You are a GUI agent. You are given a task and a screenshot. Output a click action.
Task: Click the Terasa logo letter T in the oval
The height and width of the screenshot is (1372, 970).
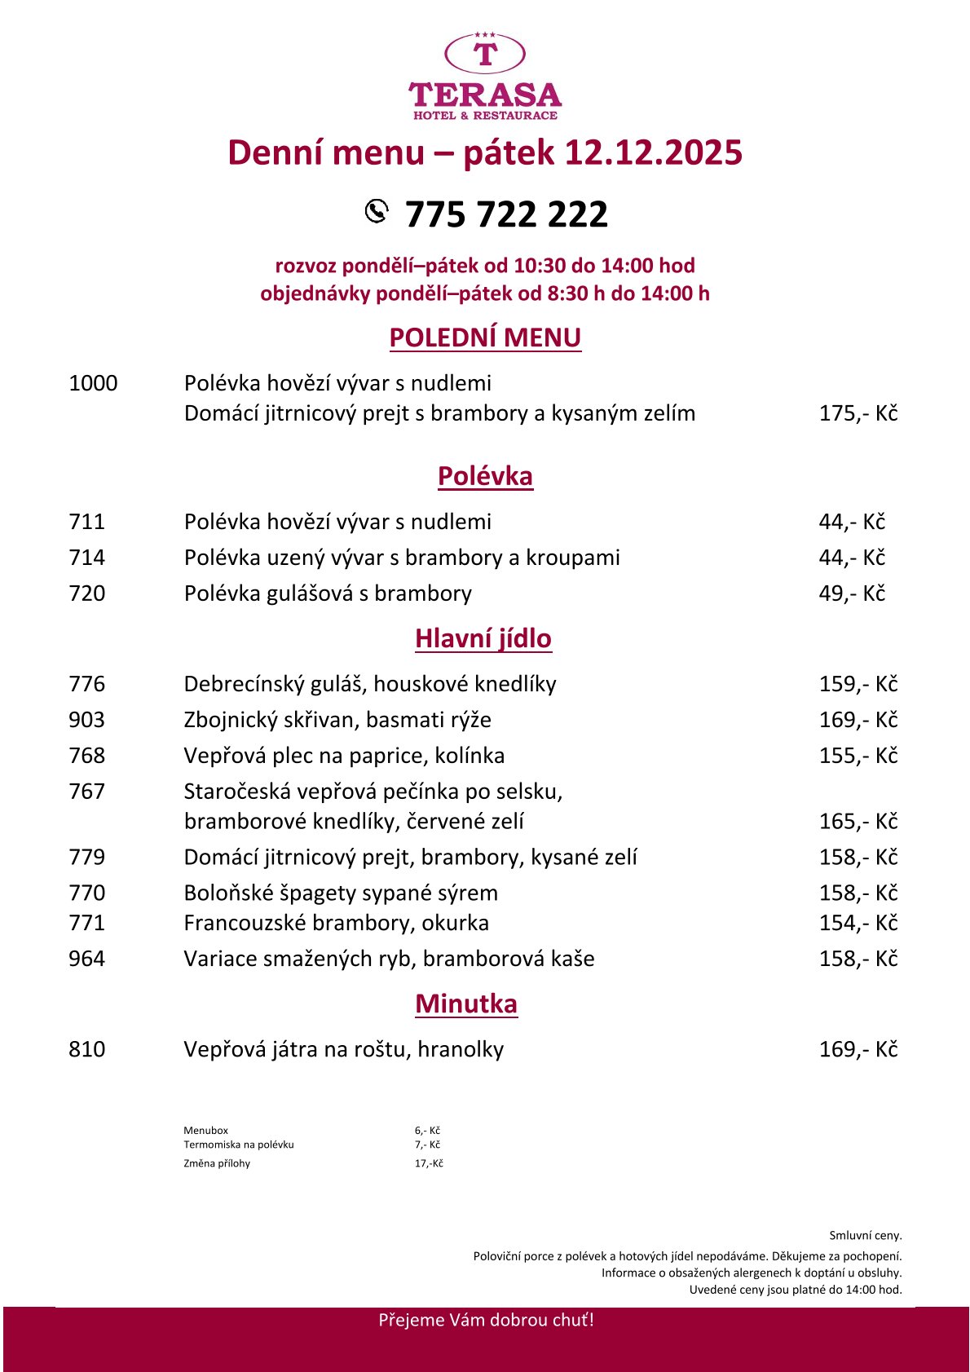tap(485, 55)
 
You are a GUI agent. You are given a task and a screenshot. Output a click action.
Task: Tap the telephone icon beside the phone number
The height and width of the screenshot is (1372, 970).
tap(376, 210)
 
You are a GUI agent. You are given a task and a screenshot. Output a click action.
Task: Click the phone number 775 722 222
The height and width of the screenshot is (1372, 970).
tap(506, 214)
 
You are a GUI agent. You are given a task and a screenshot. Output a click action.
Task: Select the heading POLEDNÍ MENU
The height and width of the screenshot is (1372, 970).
tap(485, 337)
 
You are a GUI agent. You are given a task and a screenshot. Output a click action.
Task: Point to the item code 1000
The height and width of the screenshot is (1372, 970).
tap(93, 383)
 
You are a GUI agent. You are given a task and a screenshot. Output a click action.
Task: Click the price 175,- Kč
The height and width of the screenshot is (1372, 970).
tap(858, 413)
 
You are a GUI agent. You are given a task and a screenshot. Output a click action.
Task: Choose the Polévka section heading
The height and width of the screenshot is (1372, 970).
tap(485, 476)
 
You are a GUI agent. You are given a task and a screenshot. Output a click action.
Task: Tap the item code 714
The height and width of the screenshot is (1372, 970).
tap(87, 558)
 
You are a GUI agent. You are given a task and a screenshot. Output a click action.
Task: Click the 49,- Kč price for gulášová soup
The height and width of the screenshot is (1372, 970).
tap(852, 593)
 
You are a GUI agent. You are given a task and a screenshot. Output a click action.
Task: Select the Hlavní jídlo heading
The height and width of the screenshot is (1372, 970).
tap(483, 638)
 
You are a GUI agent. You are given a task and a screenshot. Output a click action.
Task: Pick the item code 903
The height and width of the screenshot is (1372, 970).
tap(87, 720)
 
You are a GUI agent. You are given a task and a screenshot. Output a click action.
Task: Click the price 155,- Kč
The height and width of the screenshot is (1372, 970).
tap(858, 756)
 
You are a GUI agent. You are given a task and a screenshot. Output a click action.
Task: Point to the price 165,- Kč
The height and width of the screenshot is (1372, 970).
tap(858, 821)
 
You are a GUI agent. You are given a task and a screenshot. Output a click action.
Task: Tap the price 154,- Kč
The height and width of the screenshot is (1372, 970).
tap(858, 923)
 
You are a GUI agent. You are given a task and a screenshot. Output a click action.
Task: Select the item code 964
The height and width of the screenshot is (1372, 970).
tap(87, 959)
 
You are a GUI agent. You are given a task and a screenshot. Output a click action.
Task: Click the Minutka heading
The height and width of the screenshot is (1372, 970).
tap(466, 1004)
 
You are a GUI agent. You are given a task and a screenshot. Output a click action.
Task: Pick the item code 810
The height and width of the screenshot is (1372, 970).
tap(87, 1049)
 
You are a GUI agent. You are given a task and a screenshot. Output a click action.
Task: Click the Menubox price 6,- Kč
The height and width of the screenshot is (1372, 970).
tap(427, 1131)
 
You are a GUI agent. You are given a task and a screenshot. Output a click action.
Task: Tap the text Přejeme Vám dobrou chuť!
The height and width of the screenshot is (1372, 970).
tap(486, 1320)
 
